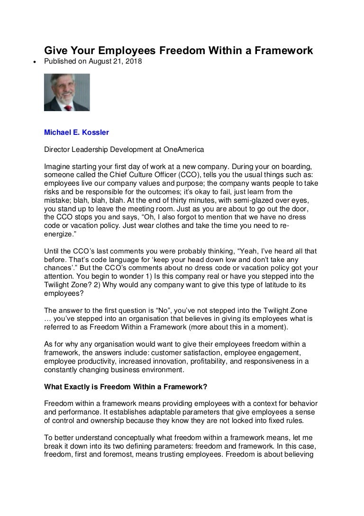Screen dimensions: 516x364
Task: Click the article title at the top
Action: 179,50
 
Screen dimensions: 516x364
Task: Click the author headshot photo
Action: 66,92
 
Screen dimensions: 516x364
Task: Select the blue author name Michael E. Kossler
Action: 76,132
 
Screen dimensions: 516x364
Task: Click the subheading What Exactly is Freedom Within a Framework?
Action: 126,386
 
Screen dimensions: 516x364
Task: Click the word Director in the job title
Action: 56,150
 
